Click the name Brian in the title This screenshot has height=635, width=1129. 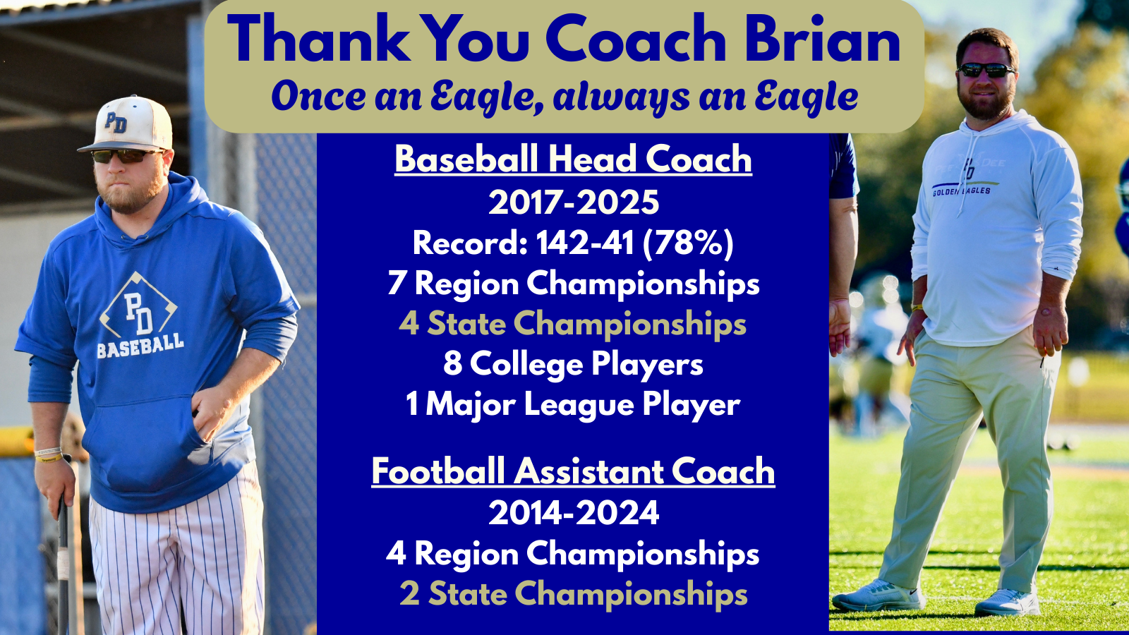[823, 38]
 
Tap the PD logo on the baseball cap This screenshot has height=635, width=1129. [116, 122]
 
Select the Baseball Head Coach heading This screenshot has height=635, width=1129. [573, 159]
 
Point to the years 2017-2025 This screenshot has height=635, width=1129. [574, 202]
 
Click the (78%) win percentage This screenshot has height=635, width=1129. [688, 243]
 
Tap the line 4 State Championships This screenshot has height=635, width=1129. [572, 325]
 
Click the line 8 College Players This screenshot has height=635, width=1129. [573, 365]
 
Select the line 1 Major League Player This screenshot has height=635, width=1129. [573, 405]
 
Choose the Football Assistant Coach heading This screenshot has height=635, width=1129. [573, 472]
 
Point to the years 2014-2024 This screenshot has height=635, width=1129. [574, 513]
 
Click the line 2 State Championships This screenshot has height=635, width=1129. [574, 595]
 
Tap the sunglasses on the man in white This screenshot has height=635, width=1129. [986, 70]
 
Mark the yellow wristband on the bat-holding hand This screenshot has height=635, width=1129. [49, 458]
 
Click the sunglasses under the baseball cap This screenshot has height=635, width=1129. [126, 156]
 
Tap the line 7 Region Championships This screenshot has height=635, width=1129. [574, 285]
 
